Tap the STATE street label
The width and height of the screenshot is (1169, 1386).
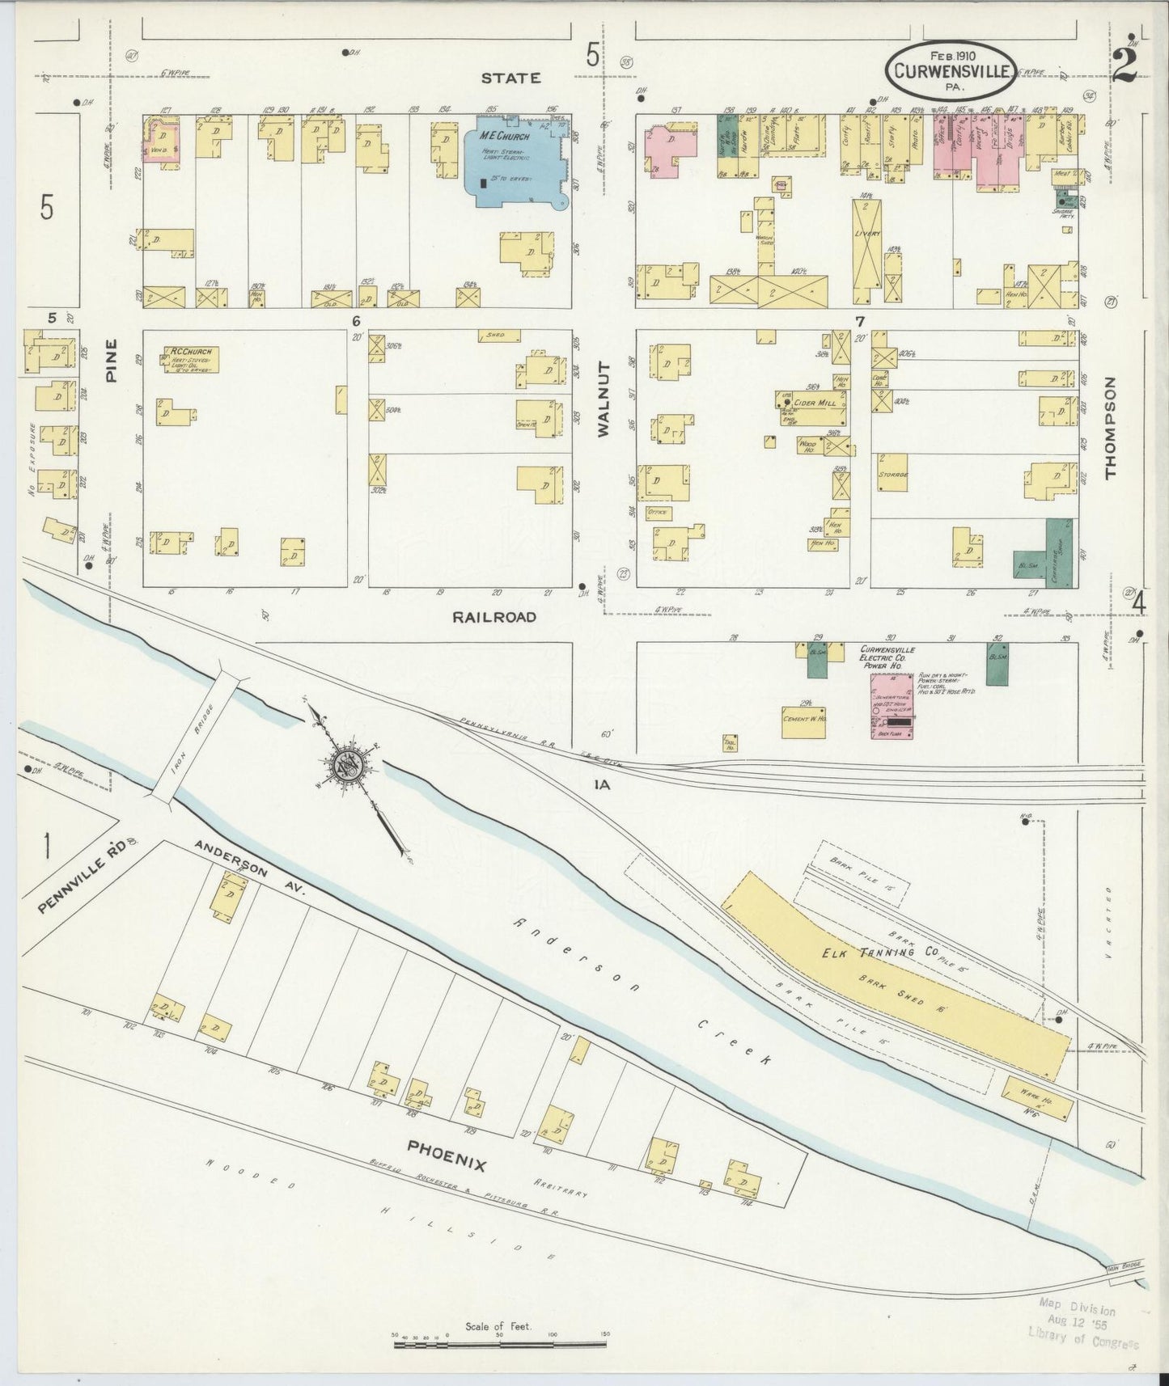(x=510, y=78)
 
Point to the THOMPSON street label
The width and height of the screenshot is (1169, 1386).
(x=1110, y=428)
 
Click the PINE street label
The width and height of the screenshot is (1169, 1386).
(x=112, y=360)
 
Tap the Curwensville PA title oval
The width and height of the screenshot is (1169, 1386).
(x=952, y=70)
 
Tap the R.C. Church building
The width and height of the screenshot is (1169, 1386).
(x=191, y=359)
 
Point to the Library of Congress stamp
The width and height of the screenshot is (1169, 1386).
(x=1081, y=1326)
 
